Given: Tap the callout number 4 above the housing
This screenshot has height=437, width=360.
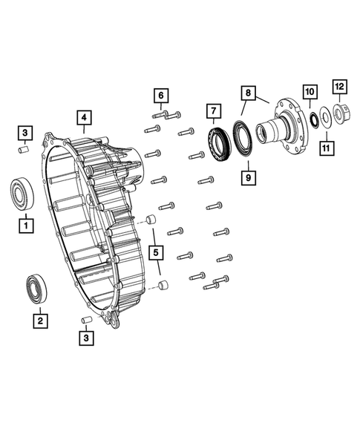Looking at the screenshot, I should point(84,117).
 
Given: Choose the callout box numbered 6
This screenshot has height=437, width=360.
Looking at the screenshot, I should point(160,94).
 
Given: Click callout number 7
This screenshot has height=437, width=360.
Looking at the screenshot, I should point(214,112).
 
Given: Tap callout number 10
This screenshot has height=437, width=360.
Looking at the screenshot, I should point(310,92).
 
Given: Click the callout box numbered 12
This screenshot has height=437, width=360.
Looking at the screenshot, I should point(339,88).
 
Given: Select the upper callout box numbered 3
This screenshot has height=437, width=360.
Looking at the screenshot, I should point(25,134).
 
